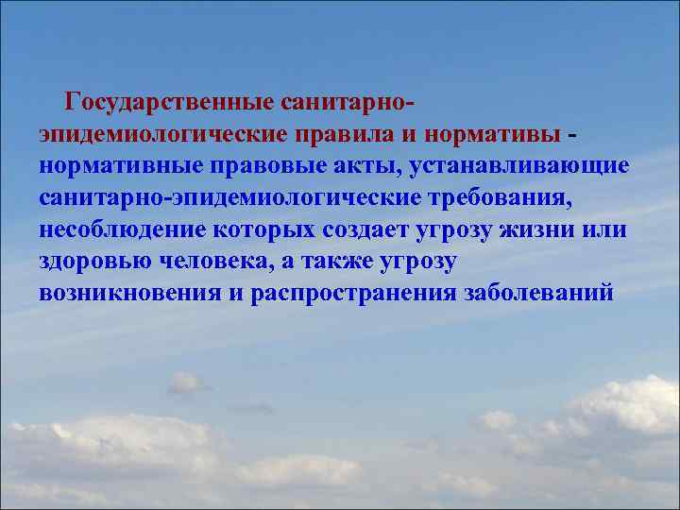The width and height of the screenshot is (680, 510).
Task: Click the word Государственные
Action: pos(170,101)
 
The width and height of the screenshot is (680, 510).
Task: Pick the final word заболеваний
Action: pos(539,294)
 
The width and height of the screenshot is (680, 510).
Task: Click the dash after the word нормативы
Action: pos(574,134)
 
